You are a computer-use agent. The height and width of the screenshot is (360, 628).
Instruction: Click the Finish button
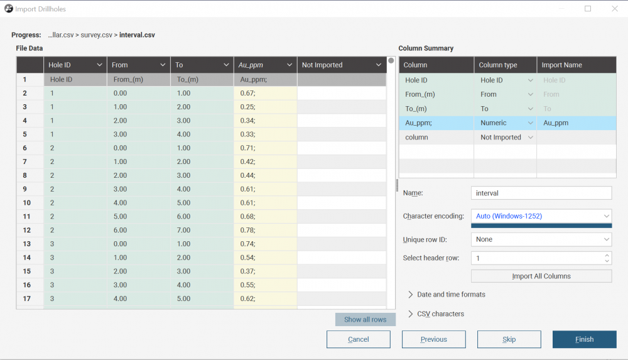point(584,339)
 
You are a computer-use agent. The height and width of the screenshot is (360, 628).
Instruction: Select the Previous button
point(434,339)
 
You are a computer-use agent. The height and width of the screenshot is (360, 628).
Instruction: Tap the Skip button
point(509,339)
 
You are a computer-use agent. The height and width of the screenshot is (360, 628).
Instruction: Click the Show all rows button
point(365,320)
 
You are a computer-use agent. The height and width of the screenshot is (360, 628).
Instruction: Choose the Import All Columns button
point(541,276)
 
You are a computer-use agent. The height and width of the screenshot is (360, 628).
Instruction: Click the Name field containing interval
point(541,193)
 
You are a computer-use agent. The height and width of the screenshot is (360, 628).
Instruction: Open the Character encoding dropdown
point(541,216)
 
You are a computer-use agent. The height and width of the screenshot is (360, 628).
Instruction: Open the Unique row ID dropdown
point(541,239)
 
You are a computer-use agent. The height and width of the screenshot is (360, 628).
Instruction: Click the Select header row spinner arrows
point(607,258)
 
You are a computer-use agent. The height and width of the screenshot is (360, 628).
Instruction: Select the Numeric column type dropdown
point(506,123)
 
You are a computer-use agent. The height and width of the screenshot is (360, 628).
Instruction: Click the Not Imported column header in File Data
point(341,65)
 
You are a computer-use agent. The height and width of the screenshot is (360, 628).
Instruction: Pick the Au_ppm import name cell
point(576,123)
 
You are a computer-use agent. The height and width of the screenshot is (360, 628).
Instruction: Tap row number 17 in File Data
point(27,298)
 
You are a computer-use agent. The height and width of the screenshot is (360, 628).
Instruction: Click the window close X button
point(615,8)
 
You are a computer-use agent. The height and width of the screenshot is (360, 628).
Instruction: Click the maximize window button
point(588,8)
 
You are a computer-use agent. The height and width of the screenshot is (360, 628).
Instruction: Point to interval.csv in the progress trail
point(137,35)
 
